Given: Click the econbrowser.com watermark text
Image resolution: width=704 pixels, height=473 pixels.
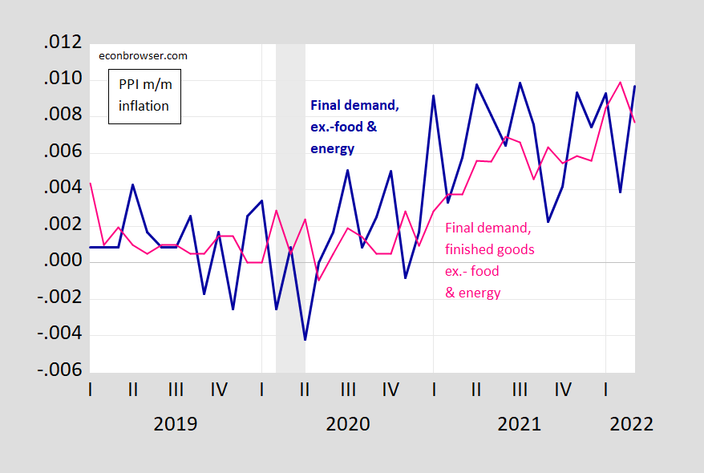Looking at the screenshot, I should [143, 56].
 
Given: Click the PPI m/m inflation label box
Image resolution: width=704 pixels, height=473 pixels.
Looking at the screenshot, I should [144, 96].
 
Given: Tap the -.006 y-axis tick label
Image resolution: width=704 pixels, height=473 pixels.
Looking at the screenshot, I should [59, 372].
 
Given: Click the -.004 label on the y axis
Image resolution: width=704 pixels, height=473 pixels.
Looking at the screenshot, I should [59, 335].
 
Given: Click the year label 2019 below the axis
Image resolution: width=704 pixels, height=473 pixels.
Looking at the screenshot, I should [176, 423].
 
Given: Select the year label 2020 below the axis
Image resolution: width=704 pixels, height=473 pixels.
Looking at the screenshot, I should [348, 423].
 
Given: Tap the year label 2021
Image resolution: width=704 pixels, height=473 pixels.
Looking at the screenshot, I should [520, 423].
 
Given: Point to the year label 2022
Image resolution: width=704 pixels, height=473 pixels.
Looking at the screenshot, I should [631, 423].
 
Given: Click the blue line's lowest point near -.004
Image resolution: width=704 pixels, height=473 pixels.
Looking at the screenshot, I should [305, 340].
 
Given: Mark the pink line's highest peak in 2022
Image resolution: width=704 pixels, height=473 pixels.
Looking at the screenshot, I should [620, 82].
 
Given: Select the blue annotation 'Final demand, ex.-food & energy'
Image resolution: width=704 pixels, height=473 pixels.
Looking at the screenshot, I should [354, 127].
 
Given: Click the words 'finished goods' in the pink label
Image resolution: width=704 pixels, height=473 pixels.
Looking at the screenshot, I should [489, 249].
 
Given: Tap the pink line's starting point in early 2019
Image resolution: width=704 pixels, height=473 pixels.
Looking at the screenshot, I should [90, 184].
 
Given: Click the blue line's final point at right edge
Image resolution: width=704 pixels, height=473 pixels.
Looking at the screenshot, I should [635, 87].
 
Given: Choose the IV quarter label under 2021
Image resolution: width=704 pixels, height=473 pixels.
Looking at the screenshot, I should [563, 390].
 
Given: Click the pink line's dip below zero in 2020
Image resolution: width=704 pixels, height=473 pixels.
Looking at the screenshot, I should [319, 280].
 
